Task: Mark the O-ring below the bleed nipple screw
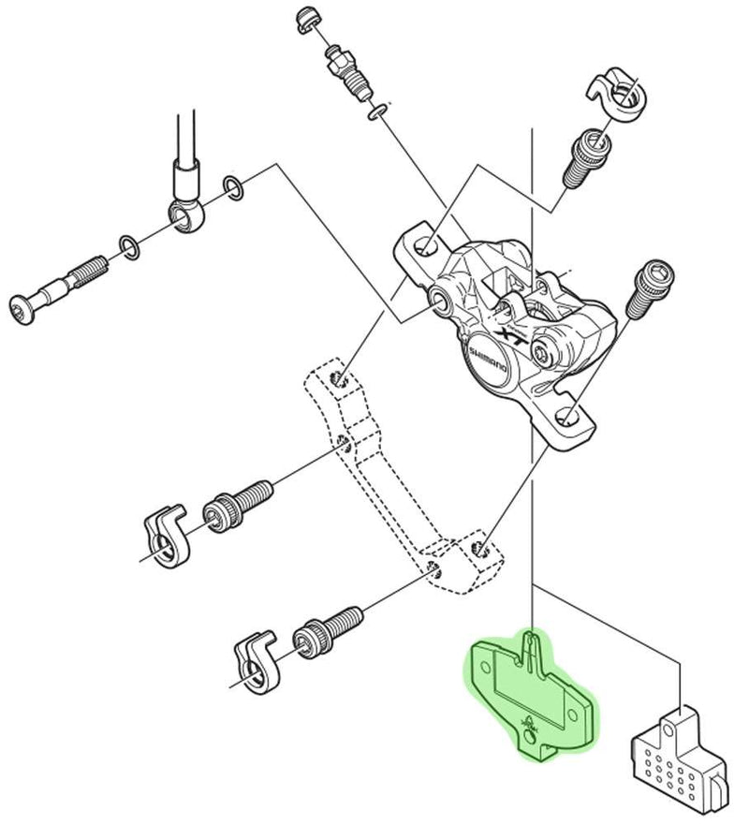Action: point(376,112)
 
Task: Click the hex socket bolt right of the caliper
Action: point(645,286)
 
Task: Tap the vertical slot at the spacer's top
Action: point(532,646)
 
